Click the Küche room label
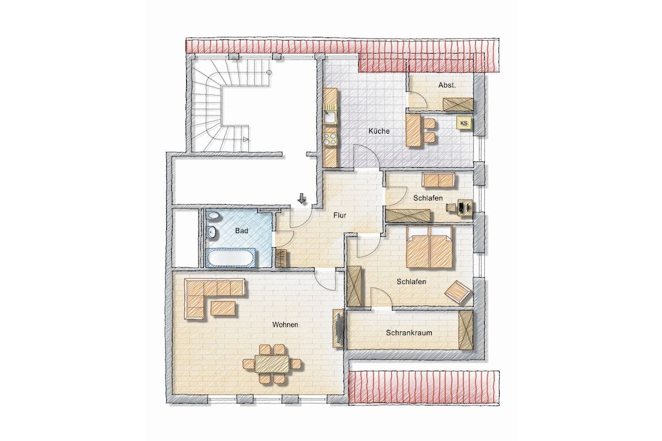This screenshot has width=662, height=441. (379, 131)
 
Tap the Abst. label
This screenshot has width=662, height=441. (447, 85)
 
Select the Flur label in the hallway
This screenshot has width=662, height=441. (339, 216)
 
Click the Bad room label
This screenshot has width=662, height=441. (242, 231)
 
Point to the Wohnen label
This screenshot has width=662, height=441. (285, 325)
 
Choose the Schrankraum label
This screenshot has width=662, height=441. (409, 333)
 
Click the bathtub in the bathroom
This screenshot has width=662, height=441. (231, 257)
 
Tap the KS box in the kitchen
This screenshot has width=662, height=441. (464, 123)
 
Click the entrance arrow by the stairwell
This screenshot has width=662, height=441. (301, 198)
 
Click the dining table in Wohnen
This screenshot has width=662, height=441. (272, 364)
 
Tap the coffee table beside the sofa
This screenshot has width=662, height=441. (223, 307)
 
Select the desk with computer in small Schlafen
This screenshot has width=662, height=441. (461, 207)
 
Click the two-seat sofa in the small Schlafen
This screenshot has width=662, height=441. (439, 180)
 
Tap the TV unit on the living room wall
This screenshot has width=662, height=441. (337, 328)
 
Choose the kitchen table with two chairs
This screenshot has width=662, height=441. (420, 130)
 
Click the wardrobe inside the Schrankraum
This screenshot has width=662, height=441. (465, 330)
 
